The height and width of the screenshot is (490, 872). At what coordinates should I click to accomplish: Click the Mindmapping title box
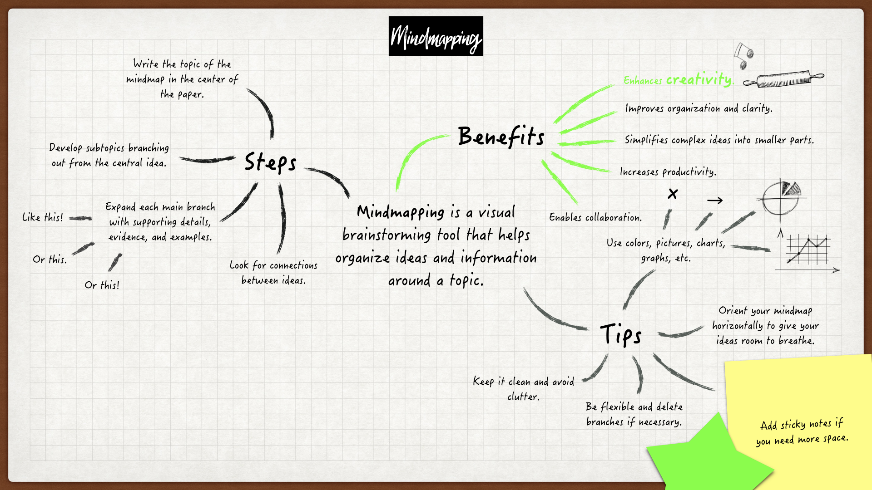(x=436, y=36)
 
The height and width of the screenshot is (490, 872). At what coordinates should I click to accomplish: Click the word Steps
(x=270, y=162)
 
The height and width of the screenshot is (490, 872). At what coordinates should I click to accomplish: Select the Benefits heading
(x=501, y=136)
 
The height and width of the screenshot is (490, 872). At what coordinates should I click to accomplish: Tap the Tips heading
(x=620, y=335)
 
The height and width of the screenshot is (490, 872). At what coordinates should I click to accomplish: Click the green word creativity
(x=699, y=79)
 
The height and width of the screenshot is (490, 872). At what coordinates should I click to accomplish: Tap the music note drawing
(x=743, y=55)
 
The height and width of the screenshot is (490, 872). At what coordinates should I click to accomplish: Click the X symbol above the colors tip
(x=673, y=194)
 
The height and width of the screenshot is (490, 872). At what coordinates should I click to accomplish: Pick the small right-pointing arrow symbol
(x=714, y=200)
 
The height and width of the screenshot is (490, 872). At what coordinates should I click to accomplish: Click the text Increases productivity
(x=668, y=171)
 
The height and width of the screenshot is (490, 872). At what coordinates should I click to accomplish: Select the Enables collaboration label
(x=595, y=217)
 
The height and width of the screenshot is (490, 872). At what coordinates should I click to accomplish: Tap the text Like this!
(x=43, y=217)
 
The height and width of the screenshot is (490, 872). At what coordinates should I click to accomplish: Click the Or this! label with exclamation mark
(x=102, y=285)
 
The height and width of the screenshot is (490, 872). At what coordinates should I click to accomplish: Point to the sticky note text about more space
(x=802, y=432)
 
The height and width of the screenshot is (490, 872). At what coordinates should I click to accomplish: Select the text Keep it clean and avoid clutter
(x=523, y=388)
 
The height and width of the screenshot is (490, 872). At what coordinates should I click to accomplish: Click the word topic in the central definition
(x=466, y=280)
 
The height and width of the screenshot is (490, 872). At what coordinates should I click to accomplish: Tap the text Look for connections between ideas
(x=273, y=272)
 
